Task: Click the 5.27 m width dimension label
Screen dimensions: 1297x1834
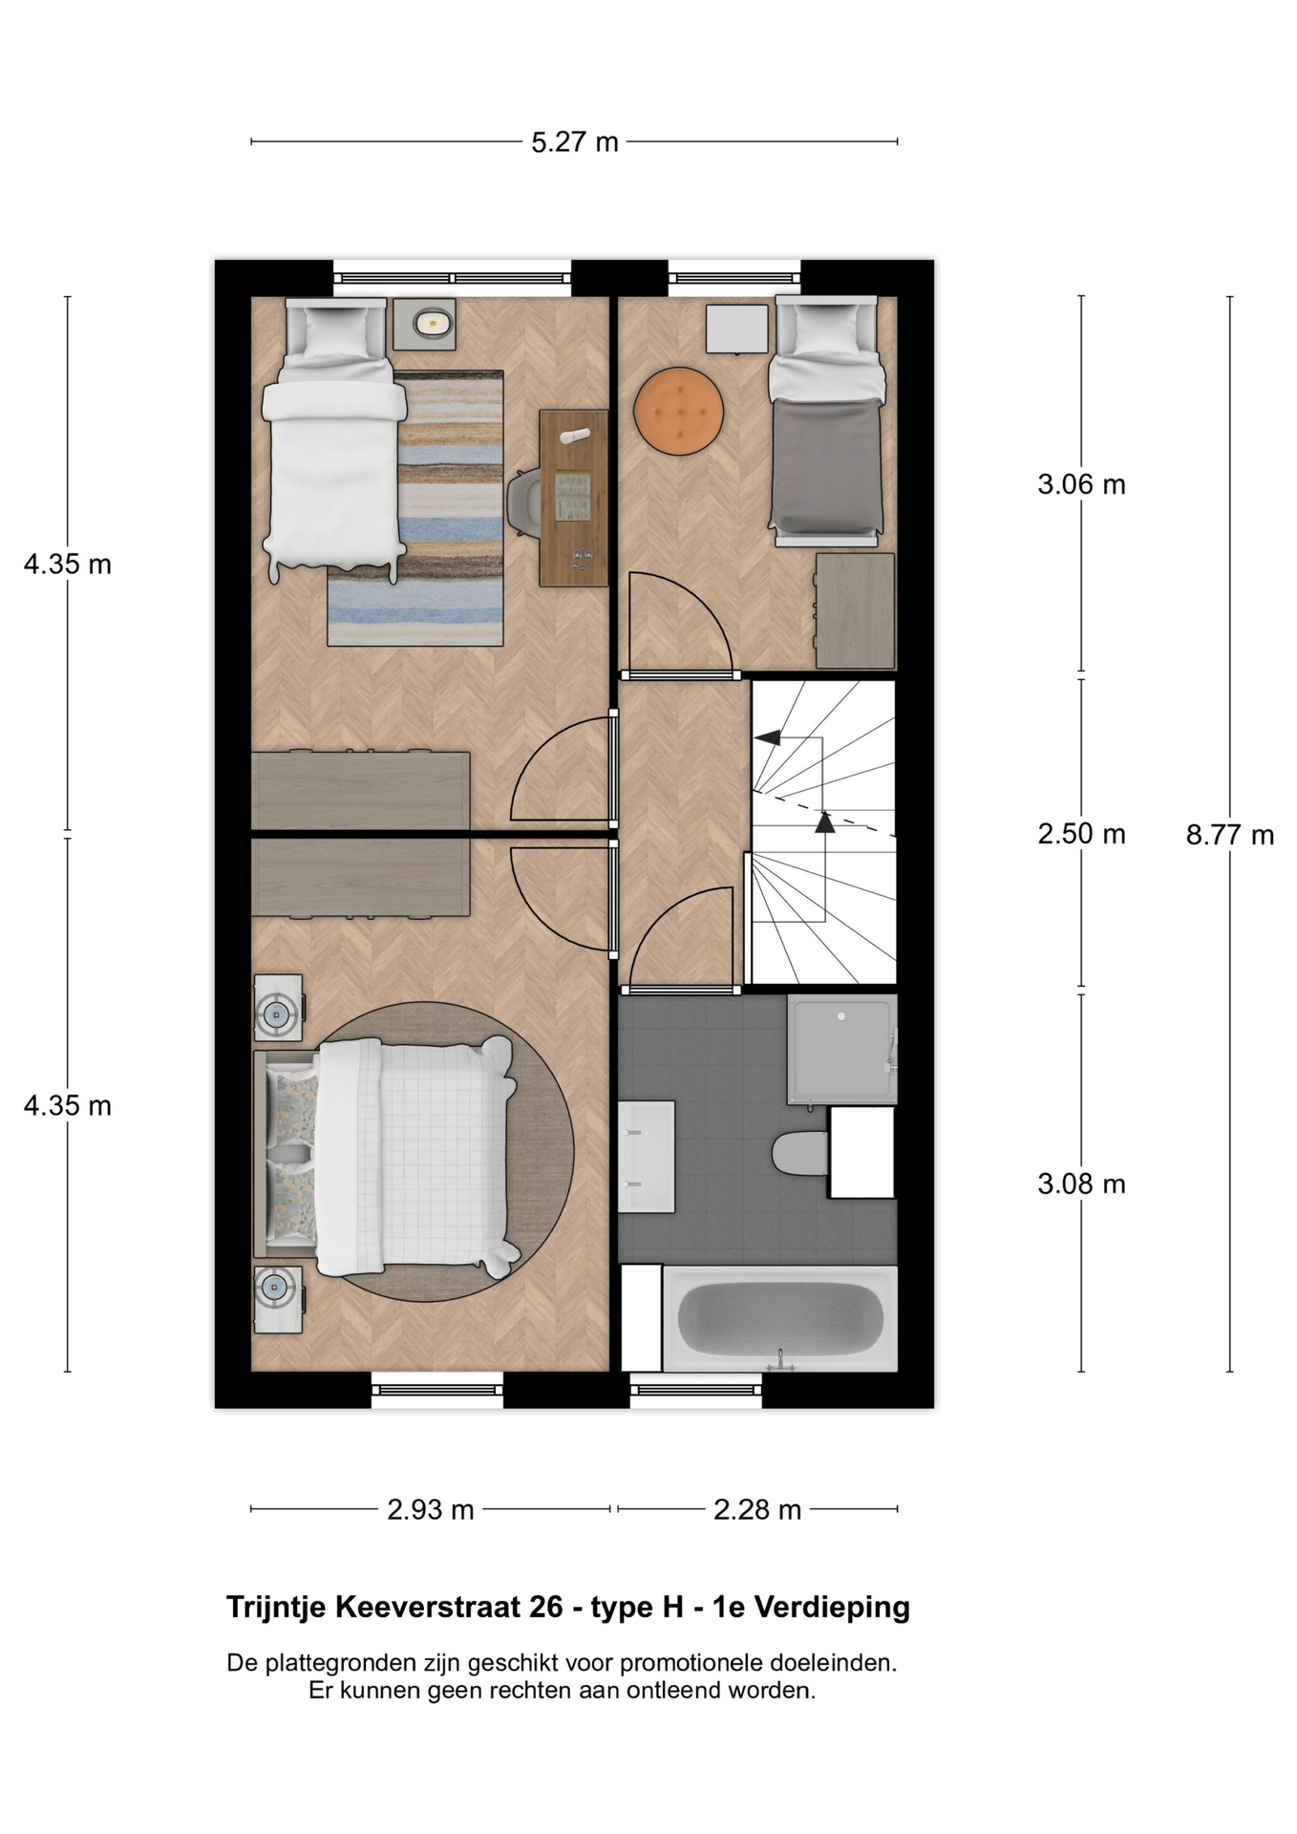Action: pyautogui.click(x=575, y=142)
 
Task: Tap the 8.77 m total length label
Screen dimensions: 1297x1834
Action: pyautogui.click(x=1230, y=835)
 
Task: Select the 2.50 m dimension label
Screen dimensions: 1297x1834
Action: pyautogui.click(x=1081, y=834)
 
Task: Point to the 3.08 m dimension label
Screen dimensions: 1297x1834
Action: pyautogui.click(x=1081, y=1184)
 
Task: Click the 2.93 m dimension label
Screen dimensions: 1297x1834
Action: pyautogui.click(x=431, y=1509)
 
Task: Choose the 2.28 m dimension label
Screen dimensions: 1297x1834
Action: pyautogui.click(x=757, y=1509)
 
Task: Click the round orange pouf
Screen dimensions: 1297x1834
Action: pyautogui.click(x=678, y=412)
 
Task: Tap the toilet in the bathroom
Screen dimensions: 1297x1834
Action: pyautogui.click(x=799, y=1154)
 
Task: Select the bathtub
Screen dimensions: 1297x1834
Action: pyautogui.click(x=779, y=1319)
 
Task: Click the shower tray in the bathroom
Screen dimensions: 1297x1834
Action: pyautogui.click(x=841, y=1049)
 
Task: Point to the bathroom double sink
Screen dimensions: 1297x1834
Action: pyautogui.click(x=647, y=1157)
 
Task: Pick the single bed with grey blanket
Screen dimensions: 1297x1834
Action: pyautogui.click(x=827, y=420)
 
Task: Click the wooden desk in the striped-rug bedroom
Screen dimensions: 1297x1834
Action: pyautogui.click(x=573, y=498)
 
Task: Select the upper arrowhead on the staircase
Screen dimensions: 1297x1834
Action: pyautogui.click(x=767, y=737)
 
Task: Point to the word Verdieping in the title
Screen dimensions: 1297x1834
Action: pyautogui.click(x=832, y=1608)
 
